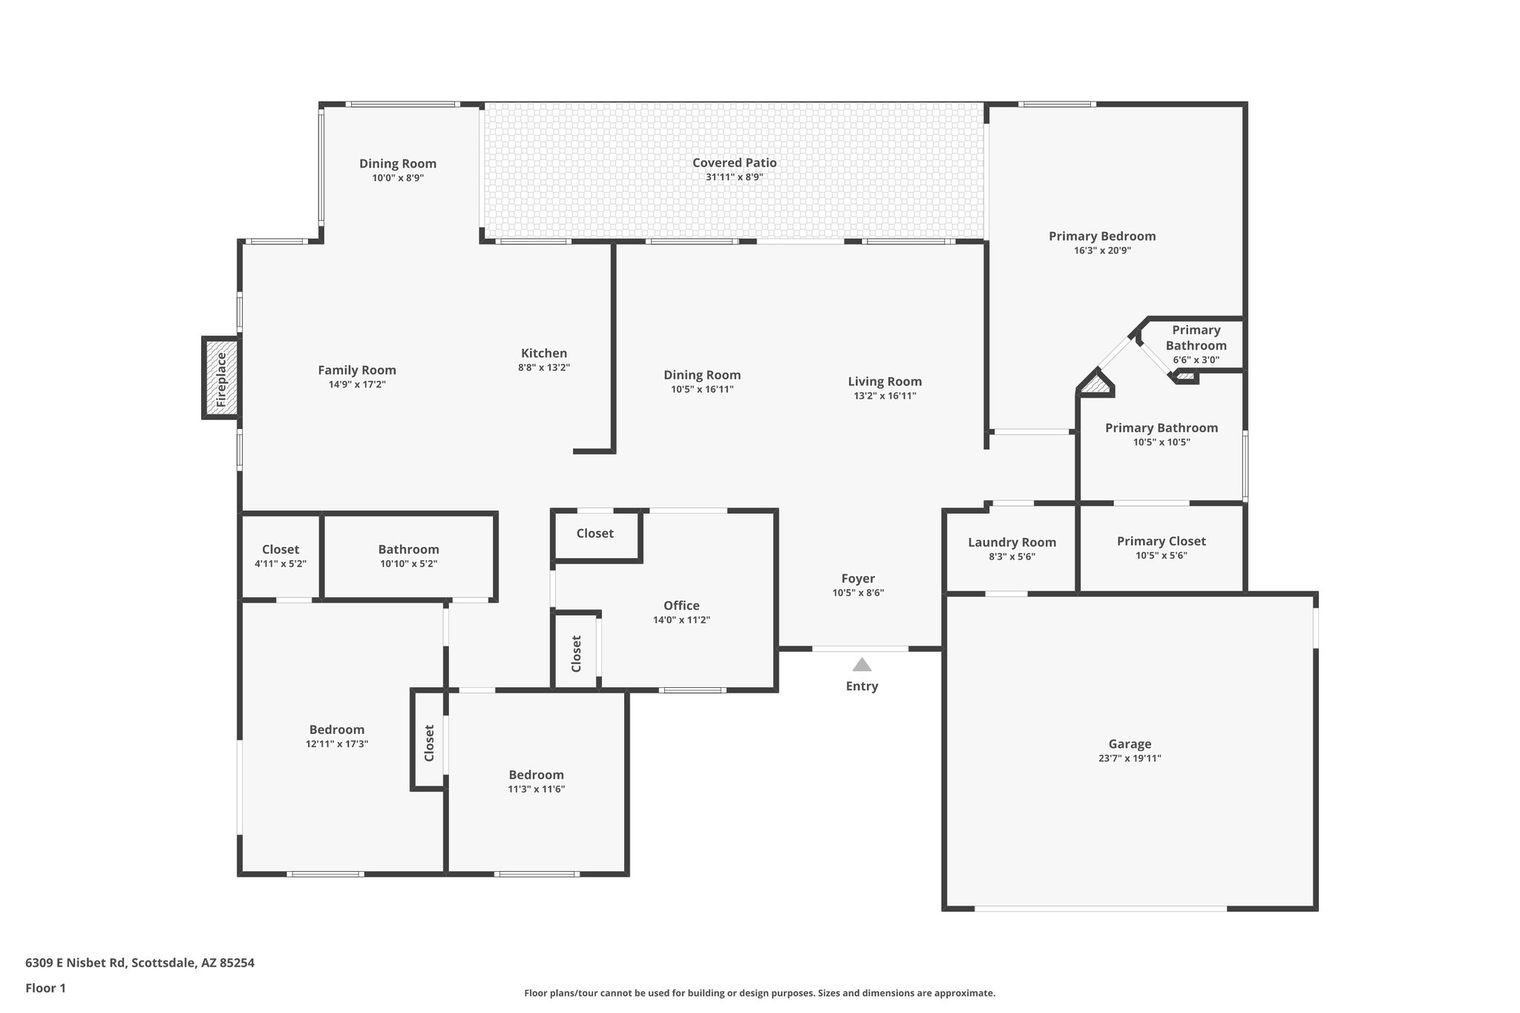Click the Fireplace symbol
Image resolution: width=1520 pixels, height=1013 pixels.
tap(221, 378)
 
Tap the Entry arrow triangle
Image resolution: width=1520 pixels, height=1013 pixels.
tap(861, 665)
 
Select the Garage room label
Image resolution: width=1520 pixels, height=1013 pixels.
tap(1130, 744)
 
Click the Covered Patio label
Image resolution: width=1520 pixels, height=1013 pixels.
tap(734, 163)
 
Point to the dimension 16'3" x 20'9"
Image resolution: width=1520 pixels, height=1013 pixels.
tap(1102, 251)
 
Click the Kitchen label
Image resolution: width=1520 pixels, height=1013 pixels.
tap(543, 353)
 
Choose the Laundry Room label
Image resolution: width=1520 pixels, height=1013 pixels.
tap(1012, 542)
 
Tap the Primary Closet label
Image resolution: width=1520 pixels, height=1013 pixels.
tap(1161, 541)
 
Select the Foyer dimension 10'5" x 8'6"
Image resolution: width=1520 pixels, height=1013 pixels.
tap(858, 593)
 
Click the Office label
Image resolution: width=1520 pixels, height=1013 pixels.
tap(681, 606)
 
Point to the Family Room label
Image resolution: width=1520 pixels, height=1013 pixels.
tap(356, 370)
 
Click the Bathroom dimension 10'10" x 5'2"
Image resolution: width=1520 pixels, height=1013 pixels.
tap(408, 564)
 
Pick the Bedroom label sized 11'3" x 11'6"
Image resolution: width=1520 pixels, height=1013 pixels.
tap(536, 775)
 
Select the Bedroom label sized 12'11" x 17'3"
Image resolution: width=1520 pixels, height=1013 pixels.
tap(336, 730)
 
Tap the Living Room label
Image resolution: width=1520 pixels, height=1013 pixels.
tap(885, 381)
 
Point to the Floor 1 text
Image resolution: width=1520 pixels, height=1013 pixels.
tap(45, 988)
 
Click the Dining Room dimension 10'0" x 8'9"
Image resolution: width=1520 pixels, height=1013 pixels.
tap(398, 178)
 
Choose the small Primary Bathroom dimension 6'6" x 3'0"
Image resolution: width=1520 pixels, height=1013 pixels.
tap(1196, 360)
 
